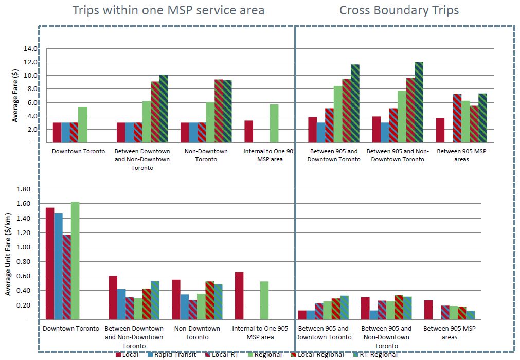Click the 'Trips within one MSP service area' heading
tap(168, 10)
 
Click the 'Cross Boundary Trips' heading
tap(399, 10)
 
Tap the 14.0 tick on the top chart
tap(30, 49)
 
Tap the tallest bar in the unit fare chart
tap(75, 260)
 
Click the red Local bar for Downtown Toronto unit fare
tap(50, 263)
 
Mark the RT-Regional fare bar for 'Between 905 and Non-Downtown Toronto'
tap(419, 102)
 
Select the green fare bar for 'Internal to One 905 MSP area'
tap(274, 123)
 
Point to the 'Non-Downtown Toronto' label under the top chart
tap(203, 155)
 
